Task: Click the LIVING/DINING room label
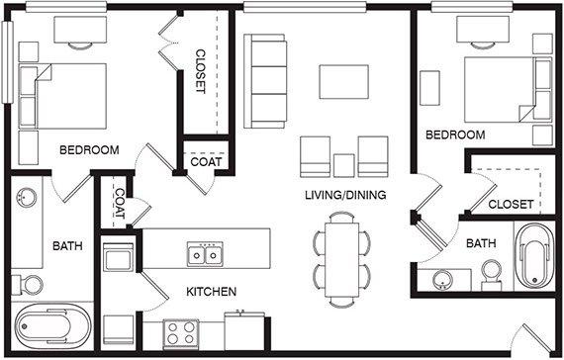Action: coord(345,195)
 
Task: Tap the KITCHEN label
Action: coord(211,292)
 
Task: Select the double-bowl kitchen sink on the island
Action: coord(205,254)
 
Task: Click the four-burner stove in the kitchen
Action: coord(181,333)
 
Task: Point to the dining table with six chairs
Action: coord(341,260)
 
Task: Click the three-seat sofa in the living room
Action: coord(265,81)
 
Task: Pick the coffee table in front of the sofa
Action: coord(344,82)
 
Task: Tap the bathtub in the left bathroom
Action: coord(52,326)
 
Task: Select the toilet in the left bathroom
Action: coord(27,285)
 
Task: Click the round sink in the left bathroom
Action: coord(27,198)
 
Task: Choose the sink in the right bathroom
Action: coord(443,281)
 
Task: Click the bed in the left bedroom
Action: coord(63,96)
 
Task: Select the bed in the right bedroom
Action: coord(508,89)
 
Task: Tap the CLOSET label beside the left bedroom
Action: coord(200,71)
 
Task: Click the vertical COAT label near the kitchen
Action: coord(119,204)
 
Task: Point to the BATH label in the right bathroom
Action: coord(481,243)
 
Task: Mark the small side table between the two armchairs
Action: coord(344,165)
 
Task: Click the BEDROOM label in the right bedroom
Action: coord(455,135)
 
